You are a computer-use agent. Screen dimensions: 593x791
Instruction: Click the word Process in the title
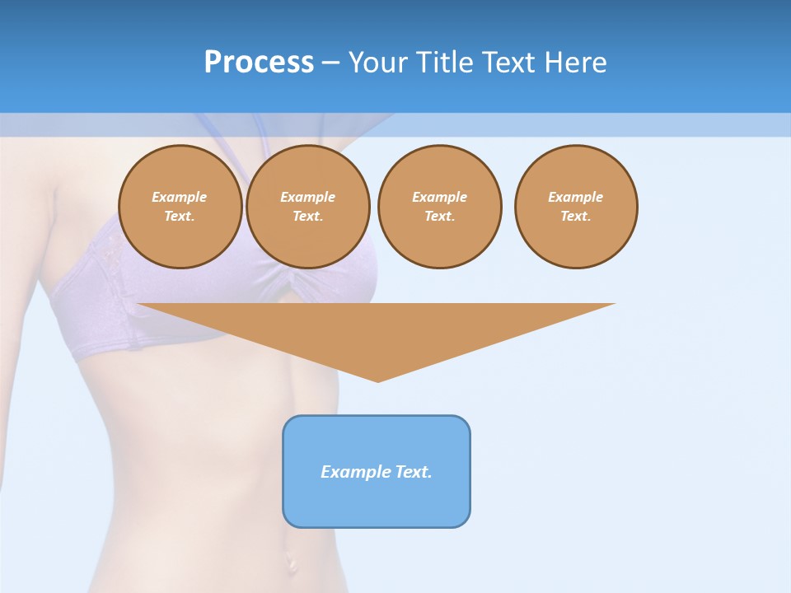(259, 63)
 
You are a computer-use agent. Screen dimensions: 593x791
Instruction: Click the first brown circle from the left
(180, 206)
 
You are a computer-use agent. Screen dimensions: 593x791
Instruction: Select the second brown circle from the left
(307, 206)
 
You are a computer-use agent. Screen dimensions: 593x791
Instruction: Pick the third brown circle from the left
(439, 206)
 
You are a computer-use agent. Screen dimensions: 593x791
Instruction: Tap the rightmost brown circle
(575, 206)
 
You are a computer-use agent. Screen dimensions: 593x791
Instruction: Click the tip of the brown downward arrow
(377, 380)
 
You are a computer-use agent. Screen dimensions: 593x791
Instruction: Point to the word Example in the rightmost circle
(575, 197)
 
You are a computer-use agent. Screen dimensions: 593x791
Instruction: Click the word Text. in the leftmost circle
(180, 217)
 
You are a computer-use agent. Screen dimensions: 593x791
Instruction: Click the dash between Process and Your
(331, 63)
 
